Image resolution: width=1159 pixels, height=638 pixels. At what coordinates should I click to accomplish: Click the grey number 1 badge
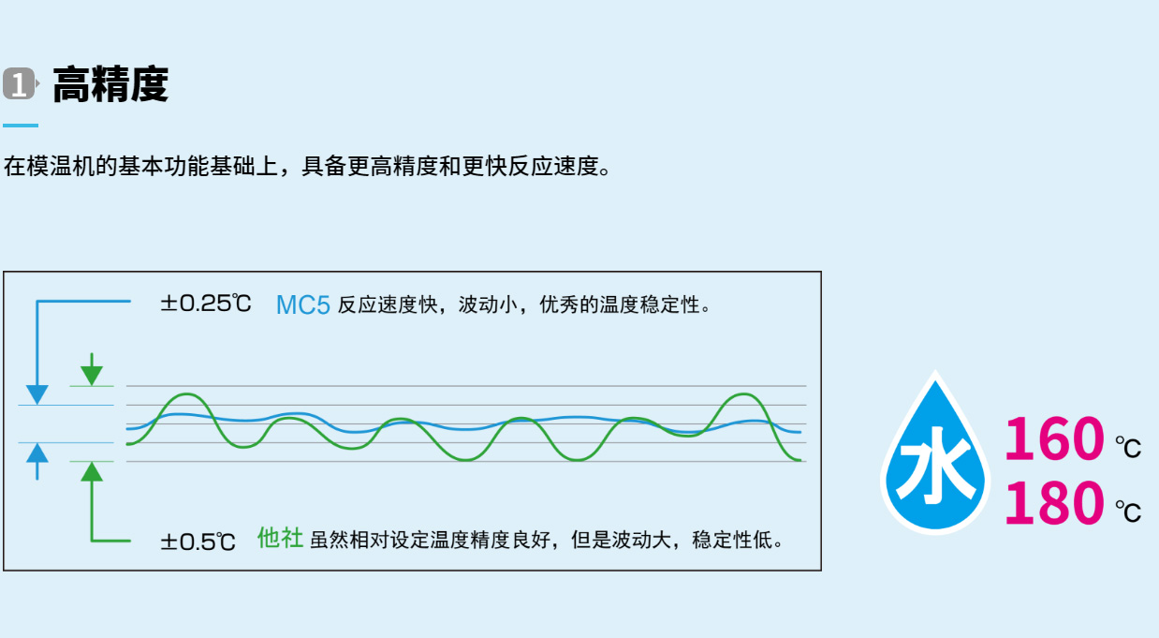19,83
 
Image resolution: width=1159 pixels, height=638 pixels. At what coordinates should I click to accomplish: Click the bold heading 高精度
110,84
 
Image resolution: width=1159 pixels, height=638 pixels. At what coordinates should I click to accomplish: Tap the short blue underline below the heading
21,126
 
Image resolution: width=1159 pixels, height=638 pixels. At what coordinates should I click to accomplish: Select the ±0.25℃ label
206,304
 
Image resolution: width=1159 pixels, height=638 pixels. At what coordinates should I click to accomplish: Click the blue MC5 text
303,304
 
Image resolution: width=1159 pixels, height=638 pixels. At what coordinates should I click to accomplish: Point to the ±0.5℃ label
198,542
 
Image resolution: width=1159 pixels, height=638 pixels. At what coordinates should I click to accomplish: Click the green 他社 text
280,538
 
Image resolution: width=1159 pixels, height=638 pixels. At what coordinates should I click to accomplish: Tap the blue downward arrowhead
37,394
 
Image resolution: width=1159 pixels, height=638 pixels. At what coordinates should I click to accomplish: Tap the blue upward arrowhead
37,453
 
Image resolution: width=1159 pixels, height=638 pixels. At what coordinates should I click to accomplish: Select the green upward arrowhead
92,472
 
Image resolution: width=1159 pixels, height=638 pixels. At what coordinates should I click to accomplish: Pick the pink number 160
1054,438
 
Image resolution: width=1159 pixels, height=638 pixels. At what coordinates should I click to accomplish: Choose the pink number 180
1054,502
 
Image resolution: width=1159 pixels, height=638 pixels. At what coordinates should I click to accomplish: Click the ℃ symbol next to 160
1128,448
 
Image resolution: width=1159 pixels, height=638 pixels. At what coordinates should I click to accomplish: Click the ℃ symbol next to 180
1128,512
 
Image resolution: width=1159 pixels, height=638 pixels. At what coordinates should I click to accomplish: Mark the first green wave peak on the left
186,394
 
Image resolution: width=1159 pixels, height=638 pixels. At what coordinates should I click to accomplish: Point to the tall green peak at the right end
743,394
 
